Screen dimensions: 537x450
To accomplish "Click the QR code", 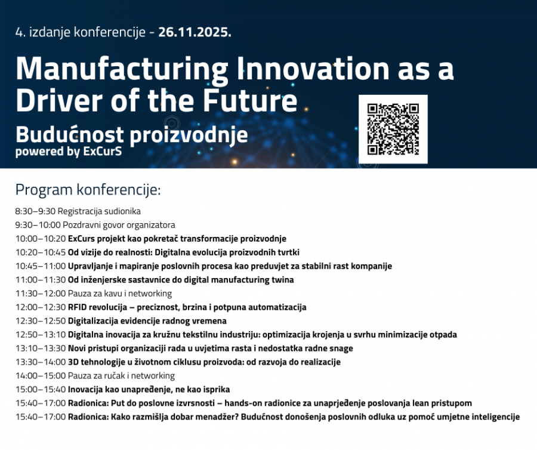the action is (393, 129).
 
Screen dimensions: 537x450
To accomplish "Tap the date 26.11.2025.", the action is (195, 32).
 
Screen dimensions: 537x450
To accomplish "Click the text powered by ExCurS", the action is (69, 152).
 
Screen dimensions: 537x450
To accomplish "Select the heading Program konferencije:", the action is (88, 190).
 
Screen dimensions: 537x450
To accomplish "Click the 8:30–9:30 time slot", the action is (35, 211).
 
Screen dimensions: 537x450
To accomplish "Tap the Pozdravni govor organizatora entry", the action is (119, 225).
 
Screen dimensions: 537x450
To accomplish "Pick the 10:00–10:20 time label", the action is (41, 238).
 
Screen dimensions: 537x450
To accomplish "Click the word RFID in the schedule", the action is (78, 307).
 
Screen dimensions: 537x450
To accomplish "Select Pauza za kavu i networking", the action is (120, 294).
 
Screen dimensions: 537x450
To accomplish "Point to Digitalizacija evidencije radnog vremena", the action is (147, 321).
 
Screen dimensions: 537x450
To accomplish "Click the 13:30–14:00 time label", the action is (41, 362).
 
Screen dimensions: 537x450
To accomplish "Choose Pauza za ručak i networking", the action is (121, 375).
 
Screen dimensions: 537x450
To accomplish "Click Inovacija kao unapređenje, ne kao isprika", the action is (149, 389).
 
